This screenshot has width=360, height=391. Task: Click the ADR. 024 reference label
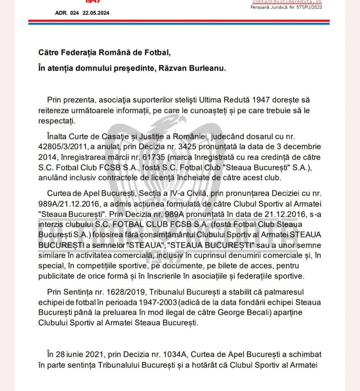tap(67, 13)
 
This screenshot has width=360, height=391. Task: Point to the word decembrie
tap(301, 147)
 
